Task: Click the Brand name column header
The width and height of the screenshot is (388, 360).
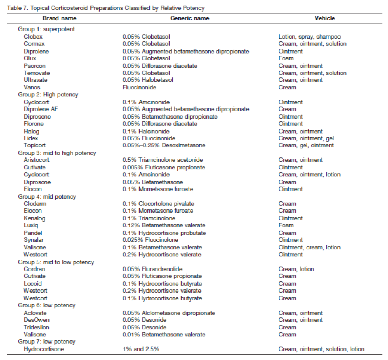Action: click(59, 18)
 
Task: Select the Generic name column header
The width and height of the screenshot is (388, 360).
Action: click(190, 18)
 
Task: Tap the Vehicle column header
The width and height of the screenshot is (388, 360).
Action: click(324, 18)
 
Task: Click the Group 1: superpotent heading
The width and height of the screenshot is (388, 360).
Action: click(46, 29)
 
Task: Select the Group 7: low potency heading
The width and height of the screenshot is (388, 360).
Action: click(46, 342)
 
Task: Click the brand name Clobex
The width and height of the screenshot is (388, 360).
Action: click(33, 37)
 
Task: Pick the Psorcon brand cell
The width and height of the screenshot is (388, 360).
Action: click(35, 66)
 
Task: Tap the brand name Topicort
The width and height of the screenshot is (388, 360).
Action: click(35, 145)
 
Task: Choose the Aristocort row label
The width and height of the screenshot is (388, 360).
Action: click(37, 160)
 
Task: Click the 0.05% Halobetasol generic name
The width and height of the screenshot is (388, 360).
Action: click(148, 80)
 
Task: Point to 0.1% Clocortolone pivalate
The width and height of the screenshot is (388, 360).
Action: click(158, 204)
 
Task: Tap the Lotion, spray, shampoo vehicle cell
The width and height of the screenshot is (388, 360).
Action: click(310, 37)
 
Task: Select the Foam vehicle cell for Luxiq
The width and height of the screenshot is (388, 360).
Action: click(286, 225)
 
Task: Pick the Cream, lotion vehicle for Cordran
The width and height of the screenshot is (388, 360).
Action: click(296, 269)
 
